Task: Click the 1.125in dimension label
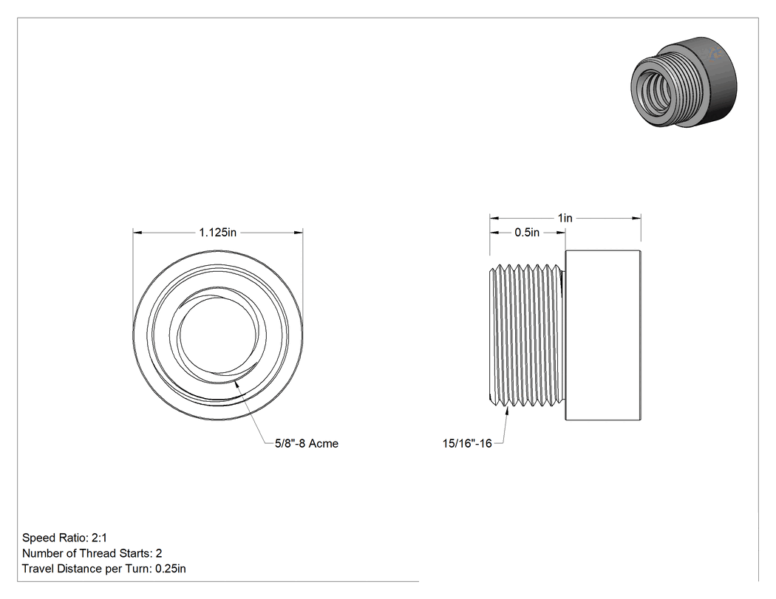(218, 233)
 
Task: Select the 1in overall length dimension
(565, 218)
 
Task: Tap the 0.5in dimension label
(527, 233)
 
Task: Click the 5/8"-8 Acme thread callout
(307, 444)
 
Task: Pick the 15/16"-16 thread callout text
(467, 444)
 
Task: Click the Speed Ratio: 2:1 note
(64, 538)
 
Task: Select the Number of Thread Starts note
(92, 553)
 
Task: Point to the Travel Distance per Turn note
(104, 569)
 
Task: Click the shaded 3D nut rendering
(684, 81)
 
